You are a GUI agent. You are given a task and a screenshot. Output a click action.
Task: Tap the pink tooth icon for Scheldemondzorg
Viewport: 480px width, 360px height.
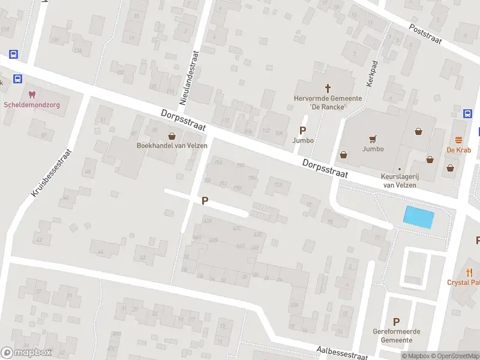pos(32,94)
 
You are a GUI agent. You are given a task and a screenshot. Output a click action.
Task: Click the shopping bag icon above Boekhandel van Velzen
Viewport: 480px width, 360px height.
pos(172,136)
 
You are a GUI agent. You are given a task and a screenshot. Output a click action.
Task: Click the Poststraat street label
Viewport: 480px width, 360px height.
pos(430,37)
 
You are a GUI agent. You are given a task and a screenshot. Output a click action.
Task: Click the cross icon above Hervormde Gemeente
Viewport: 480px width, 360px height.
pos(328,88)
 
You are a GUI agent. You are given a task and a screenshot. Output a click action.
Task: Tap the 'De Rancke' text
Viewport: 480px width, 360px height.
pos(328,107)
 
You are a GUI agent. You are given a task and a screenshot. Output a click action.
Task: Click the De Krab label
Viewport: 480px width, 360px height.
pos(458,149)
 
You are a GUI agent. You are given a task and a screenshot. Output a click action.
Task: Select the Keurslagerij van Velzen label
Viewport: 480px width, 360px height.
pos(398,181)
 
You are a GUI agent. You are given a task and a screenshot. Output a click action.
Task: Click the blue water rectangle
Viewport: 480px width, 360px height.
pos(419,217)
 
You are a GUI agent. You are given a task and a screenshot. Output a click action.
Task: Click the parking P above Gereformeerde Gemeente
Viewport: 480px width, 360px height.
pos(396,322)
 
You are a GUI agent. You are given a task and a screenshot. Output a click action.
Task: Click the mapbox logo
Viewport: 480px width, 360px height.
pos(26,353)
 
